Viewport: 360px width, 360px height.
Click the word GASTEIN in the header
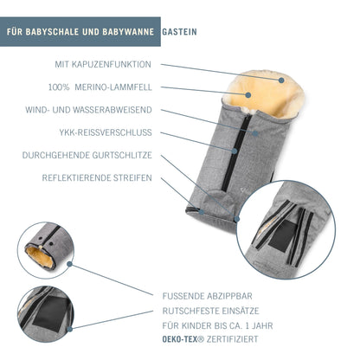[179, 32]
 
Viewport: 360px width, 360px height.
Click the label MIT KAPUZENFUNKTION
[103, 64]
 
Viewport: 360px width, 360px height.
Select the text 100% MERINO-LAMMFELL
[100, 87]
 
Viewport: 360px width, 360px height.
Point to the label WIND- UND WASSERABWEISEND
[88, 110]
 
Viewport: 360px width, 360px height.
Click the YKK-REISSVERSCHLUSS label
[106, 132]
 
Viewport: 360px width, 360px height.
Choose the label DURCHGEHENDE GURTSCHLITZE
[87, 155]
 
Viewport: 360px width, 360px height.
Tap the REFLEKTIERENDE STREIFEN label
[97, 177]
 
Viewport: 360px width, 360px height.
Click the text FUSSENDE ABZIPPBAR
[208, 296]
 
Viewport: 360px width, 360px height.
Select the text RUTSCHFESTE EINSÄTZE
[210, 311]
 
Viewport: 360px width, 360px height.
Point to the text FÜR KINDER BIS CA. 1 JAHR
[217, 325]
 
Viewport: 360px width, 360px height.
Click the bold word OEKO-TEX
[180, 339]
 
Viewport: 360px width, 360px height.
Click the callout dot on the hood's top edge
[281, 80]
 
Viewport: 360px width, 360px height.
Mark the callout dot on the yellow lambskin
[247, 94]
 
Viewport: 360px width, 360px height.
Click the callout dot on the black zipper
[235, 151]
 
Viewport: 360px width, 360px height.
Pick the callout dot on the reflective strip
[202, 212]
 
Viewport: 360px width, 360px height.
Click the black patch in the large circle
[283, 235]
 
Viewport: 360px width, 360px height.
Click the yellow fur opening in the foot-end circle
[40, 257]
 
